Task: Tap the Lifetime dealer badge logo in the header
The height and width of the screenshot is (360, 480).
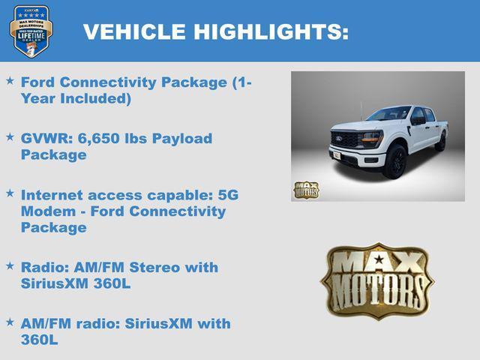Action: [31, 31]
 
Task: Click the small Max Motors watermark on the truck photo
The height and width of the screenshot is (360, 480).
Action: [306, 190]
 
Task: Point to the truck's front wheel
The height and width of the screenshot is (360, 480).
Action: [394, 162]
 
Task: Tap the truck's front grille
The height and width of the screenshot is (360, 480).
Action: [346, 140]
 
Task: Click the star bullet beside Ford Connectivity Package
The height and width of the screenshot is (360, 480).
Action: [10, 79]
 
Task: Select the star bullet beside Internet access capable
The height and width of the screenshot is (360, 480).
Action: [10, 193]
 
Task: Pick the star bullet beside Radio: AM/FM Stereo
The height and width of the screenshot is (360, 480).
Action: [10, 265]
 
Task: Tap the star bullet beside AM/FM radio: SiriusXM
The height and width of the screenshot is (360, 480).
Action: [10, 322]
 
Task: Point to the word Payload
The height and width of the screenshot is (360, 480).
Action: [184, 139]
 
